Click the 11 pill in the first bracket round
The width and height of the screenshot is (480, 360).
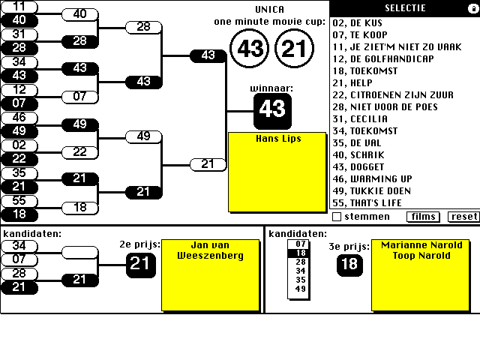(x=19, y=6)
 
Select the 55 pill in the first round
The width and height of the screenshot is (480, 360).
(x=19, y=201)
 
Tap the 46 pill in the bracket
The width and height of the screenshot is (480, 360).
(x=19, y=118)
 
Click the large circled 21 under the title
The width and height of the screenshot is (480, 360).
(x=293, y=49)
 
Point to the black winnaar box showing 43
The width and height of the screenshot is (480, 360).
(x=272, y=109)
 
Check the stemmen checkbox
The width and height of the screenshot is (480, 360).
(x=337, y=217)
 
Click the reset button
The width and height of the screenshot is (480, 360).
(x=463, y=217)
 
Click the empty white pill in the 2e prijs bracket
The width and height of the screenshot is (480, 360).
(x=80, y=252)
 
